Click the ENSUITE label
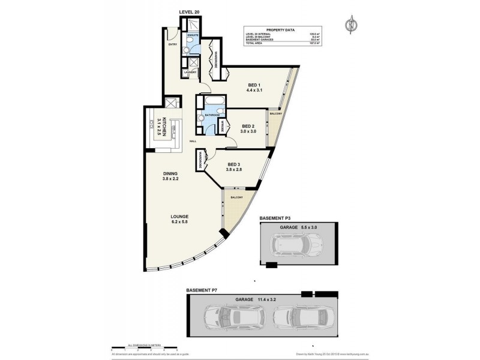coord(192,35)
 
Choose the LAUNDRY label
coord(191,73)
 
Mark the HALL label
coord(193,141)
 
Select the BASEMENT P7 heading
coord(202,290)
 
